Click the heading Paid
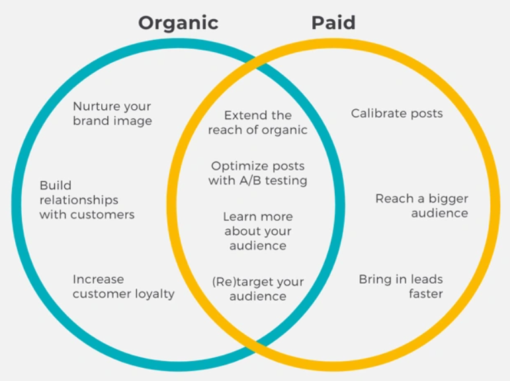click(x=333, y=22)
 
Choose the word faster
click(x=426, y=294)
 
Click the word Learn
click(x=238, y=216)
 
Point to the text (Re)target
click(x=243, y=282)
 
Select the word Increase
click(x=98, y=279)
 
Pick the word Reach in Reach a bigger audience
click(x=394, y=198)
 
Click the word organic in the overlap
click(x=284, y=130)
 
